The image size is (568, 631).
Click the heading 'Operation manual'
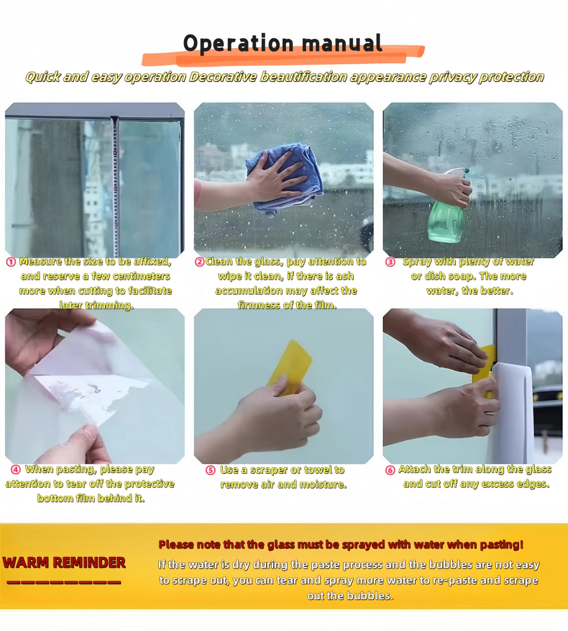tap(283, 43)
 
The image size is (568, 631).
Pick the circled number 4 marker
tap(16, 470)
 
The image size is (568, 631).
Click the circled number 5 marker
tap(210, 470)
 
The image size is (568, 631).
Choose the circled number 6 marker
tap(390, 470)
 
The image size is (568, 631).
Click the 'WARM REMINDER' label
tap(64, 563)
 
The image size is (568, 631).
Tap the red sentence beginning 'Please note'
tap(341, 545)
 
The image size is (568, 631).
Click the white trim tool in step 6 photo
tap(514, 410)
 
